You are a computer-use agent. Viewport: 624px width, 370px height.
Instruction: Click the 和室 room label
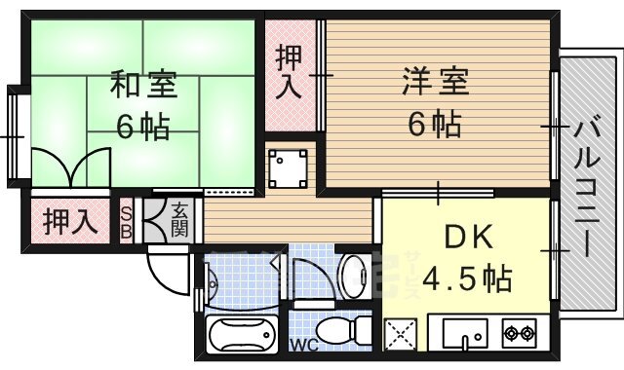click(x=143, y=85)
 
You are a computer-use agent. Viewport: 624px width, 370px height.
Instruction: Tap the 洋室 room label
click(x=436, y=82)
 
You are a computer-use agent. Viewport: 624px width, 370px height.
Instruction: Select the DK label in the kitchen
click(x=468, y=237)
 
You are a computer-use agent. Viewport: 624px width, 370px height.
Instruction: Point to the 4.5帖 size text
click(x=466, y=278)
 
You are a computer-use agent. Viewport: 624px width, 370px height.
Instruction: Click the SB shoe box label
click(x=126, y=223)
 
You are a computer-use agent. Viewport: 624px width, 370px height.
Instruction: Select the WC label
click(x=304, y=344)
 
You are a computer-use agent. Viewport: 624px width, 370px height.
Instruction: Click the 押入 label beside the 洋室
click(x=290, y=72)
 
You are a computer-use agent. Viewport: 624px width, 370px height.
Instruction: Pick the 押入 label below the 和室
click(x=70, y=221)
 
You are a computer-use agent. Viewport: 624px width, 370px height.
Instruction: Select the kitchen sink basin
click(x=465, y=333)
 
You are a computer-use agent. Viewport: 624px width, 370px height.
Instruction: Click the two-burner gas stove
click(x=519, y=333)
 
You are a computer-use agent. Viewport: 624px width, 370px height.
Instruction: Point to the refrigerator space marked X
click(x=401, y=334)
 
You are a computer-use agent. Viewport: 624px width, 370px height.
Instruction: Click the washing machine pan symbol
click(x=289, y=168)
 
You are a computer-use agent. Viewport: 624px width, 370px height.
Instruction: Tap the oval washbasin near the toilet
click(x=354, y=276)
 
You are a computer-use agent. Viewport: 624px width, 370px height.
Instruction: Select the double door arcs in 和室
click(x=71, y=167)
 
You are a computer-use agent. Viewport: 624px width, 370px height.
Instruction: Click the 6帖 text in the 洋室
click(x=435, y=124)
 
